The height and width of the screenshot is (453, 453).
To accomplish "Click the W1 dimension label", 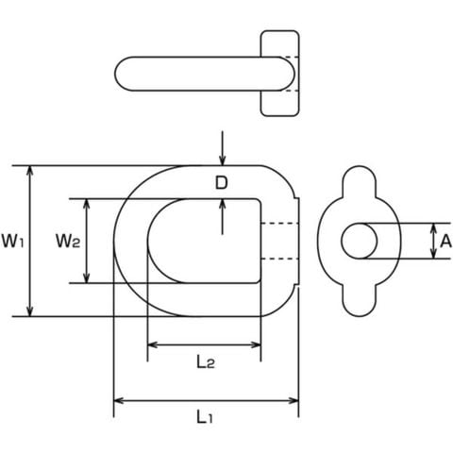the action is coord(12,242).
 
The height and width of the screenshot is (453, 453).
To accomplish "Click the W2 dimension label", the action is coord(68,242).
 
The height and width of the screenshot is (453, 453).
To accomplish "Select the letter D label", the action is coord(221,183).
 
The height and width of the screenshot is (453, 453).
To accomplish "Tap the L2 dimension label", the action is coord(206,362).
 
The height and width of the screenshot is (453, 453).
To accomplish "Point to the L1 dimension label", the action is coord(205,417).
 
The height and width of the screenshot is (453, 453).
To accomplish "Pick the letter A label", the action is coord(445,242).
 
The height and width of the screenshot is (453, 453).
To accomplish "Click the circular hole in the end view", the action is coord(360,241).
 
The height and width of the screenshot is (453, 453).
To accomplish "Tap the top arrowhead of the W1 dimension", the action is coord(30,170).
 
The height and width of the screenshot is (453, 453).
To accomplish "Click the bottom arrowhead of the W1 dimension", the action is coord(30,311).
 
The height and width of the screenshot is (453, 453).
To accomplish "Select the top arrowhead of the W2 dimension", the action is coord(87,204).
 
